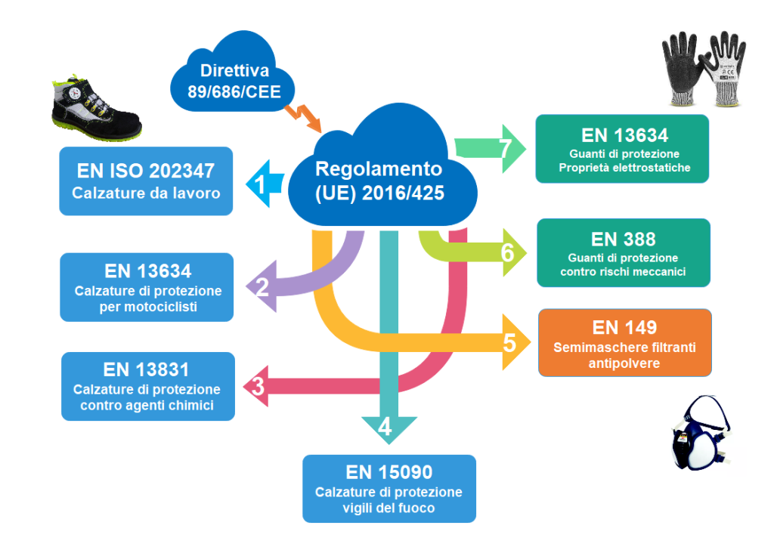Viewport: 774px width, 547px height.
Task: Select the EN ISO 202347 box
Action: [x=146, y=181]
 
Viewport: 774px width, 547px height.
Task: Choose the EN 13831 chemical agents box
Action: [x=147, y=386]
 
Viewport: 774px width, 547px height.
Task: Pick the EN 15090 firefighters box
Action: [x=389, y=488]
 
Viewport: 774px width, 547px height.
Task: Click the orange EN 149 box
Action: [x=625, y=342]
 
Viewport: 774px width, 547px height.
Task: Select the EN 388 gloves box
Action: [x=624, y=252]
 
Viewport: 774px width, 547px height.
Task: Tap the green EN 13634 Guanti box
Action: [x=622, y=149]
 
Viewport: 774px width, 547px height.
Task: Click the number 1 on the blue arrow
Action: [x=259, y=182]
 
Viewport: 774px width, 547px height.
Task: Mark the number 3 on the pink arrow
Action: [x=258, y=387]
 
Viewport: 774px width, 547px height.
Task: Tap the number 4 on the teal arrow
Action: [x=385, y=428]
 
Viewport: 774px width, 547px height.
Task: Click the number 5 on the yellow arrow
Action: [x=509, y=343]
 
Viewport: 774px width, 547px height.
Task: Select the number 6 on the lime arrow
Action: [x=507, y=253]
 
